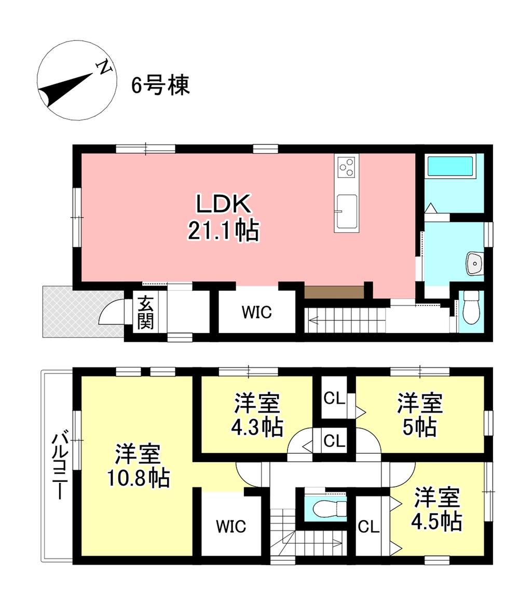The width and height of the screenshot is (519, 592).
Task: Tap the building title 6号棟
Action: (160, 85)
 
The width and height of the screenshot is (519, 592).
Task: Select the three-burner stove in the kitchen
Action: (347, 167)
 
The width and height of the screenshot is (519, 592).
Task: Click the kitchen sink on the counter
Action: (347, 211)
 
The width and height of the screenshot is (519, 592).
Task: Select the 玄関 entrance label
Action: (145, 312)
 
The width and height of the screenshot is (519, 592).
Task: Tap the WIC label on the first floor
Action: (257, 312)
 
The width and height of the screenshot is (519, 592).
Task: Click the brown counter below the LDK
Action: (334, 292)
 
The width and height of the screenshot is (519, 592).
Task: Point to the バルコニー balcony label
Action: (59, 466)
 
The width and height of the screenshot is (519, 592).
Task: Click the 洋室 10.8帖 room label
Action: (138, 466)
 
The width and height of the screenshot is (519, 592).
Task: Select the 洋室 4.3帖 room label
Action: (257, 414)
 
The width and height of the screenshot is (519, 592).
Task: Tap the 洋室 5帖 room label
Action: (419, 414)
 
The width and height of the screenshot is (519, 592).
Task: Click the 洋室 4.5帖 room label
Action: (436, 509)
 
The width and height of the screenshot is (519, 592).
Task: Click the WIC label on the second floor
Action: (231, 526)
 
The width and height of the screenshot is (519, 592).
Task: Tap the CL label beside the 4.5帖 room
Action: (368, 526)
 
